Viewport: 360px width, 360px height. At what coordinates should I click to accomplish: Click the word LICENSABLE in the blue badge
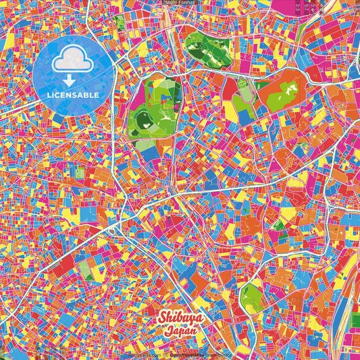(72, 95)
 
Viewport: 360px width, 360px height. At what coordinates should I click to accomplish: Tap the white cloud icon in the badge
(72, 63)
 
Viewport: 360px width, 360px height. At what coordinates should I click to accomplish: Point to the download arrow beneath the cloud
(72, 80)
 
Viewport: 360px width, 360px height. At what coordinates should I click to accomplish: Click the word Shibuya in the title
(179, 317)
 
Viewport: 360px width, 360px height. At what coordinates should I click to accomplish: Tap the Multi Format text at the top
(180, 3)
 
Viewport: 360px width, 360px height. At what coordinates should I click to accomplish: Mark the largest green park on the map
(154, 115)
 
